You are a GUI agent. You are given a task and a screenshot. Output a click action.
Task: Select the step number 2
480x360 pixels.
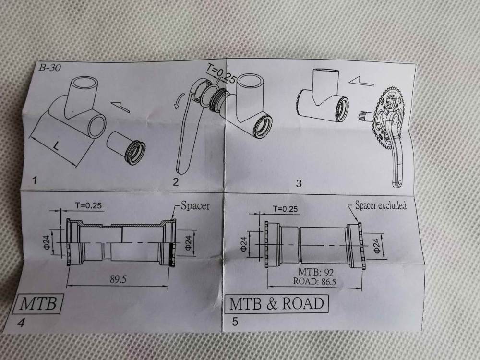coord(176,181)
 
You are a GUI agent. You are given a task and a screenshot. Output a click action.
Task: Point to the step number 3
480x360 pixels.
coord(299,184)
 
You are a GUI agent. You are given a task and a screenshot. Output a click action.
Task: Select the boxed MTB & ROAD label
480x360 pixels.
coord(277,304)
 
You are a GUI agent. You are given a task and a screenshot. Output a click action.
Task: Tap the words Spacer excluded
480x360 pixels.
coord(380,205)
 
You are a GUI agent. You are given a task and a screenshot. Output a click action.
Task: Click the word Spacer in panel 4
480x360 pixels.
coord(195,206)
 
